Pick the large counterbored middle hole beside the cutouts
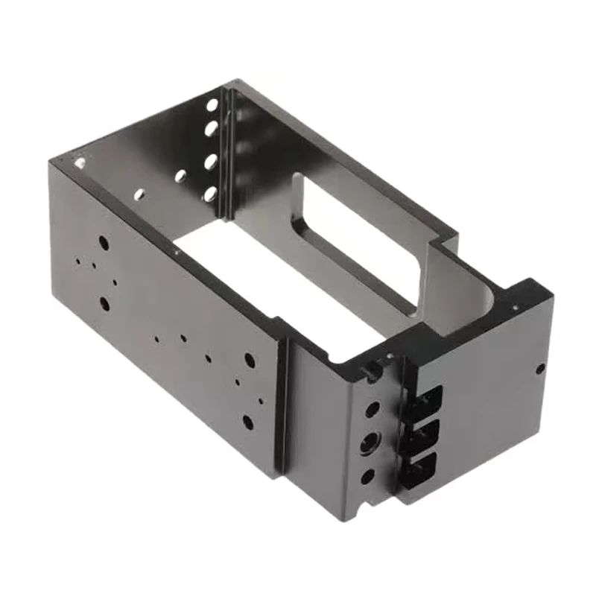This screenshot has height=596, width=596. [370, 445]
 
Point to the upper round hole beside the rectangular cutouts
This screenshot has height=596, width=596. [372, 409]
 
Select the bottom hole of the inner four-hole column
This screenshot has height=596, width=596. [210, 195]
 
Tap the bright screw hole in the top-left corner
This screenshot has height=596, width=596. [78, 159]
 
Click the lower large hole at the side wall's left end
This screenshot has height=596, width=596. [104, 303]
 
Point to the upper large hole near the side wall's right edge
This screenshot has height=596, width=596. [250, 360]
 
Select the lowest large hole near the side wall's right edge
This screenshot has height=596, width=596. [247, 422]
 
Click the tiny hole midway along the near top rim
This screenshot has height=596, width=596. [177, 252]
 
